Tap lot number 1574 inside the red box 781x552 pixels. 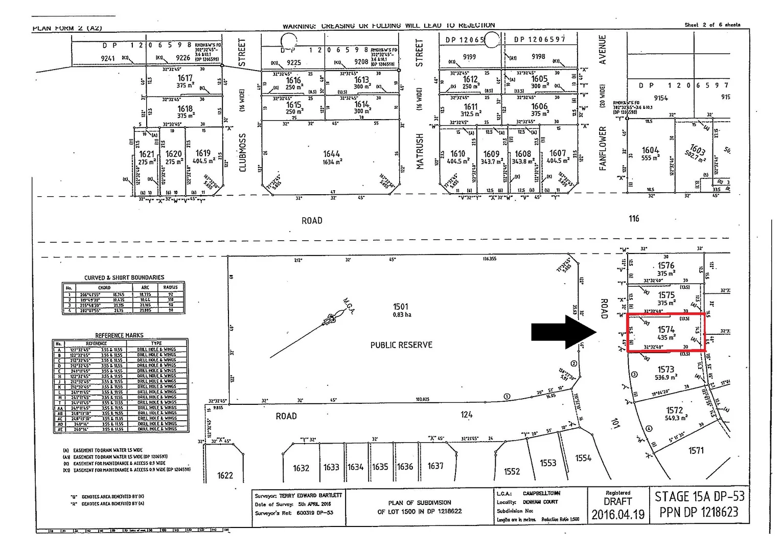point(666,330)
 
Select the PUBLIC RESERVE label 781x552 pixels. point(401,345)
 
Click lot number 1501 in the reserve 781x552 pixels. point(401,306)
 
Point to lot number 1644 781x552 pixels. point(331,154)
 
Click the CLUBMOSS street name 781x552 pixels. point(242,152)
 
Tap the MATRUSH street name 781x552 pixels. point(420,151)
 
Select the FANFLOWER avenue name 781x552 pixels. point(603,148)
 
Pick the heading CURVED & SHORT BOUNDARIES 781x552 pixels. point(124,278)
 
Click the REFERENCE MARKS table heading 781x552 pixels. point(119,335)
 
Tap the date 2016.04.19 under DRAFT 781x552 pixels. point(618,514)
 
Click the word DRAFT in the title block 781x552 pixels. point(618,501)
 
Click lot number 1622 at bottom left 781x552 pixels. point(225,475)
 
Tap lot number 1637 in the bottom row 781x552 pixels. point(435,466)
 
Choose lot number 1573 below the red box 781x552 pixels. point(665,369)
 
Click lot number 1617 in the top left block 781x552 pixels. point(185,78)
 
